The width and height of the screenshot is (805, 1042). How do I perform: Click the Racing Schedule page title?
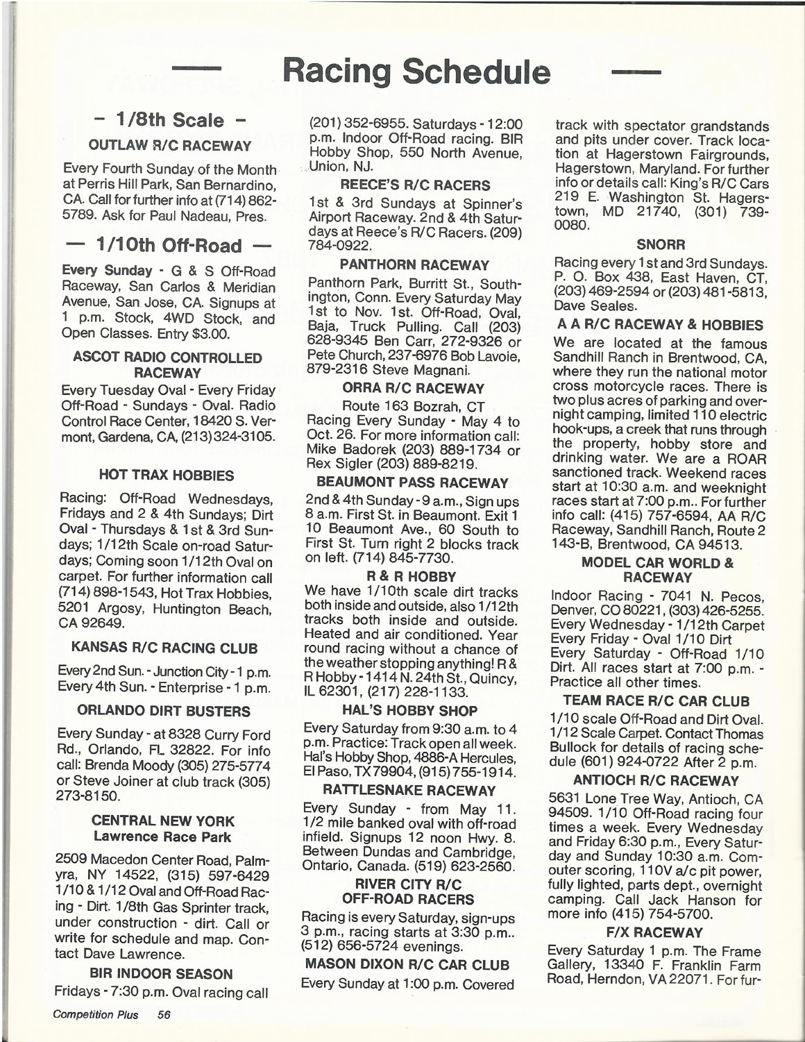click(x=417, y=71)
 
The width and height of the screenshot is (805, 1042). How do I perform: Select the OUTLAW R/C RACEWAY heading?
click(x=169, y=146)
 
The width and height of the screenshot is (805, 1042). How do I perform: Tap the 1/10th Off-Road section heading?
click(x=169, y=246)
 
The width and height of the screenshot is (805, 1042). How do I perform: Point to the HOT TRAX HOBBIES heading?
click(x=167, y=476)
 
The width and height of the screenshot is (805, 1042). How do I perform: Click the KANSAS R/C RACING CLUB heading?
click(x=164, y=648)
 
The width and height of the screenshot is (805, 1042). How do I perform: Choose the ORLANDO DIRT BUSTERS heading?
click(x=164, y=711)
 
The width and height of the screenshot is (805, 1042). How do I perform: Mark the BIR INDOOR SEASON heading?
click(x=161, y=973)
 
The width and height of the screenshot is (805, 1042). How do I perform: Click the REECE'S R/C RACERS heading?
click(x=415, y=185)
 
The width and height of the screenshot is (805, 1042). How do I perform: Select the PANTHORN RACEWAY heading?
click(x=415, y=264)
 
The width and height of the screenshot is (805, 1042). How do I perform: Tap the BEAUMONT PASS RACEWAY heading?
click(x=413, y=482)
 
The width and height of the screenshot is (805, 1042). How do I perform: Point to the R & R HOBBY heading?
click(x=412, y=576)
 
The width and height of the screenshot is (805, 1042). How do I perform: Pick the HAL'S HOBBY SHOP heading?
click(x=410, y=710)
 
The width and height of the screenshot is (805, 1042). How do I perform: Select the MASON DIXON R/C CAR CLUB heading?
click(x=407, y=964)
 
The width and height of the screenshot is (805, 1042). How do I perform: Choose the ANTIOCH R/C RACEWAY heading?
click(x=656, y=780)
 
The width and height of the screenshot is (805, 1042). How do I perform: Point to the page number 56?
click(x=164, y=1014)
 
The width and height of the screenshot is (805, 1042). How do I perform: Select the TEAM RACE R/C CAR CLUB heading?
click(x=656, y=700)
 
